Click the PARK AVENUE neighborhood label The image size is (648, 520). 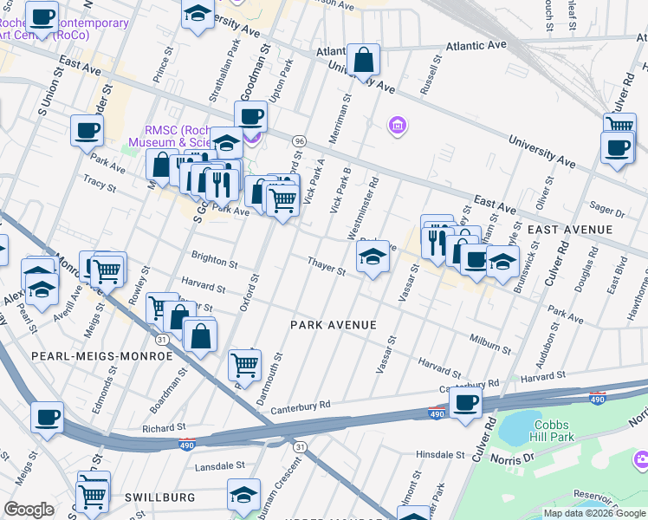[334, 325]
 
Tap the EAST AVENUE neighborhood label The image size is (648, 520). [569, 230]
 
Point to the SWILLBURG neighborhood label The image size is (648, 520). [159, 497]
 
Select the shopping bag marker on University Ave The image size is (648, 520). [364, 60]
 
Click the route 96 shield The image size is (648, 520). [299, 140]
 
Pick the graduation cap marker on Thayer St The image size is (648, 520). [373, 257]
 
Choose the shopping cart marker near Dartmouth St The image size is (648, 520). [245, 366]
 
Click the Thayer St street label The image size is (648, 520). [327, 266]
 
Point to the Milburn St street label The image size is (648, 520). [489, 343]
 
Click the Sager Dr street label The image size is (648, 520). [606, 210]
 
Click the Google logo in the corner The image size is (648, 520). [29, 510]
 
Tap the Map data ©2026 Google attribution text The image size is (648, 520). [593, 513]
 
